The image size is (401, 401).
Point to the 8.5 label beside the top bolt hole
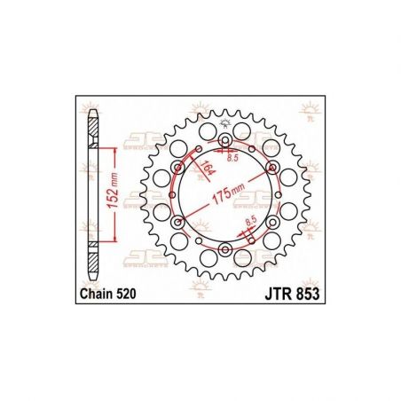(233, 159)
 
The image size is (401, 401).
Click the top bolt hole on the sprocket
(224, 141)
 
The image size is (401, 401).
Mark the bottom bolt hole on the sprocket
(224, 251)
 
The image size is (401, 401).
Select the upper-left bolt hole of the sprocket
(177, 169)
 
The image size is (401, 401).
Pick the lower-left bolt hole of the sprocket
(177, 224)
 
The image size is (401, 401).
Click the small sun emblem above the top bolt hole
(224, 122)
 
